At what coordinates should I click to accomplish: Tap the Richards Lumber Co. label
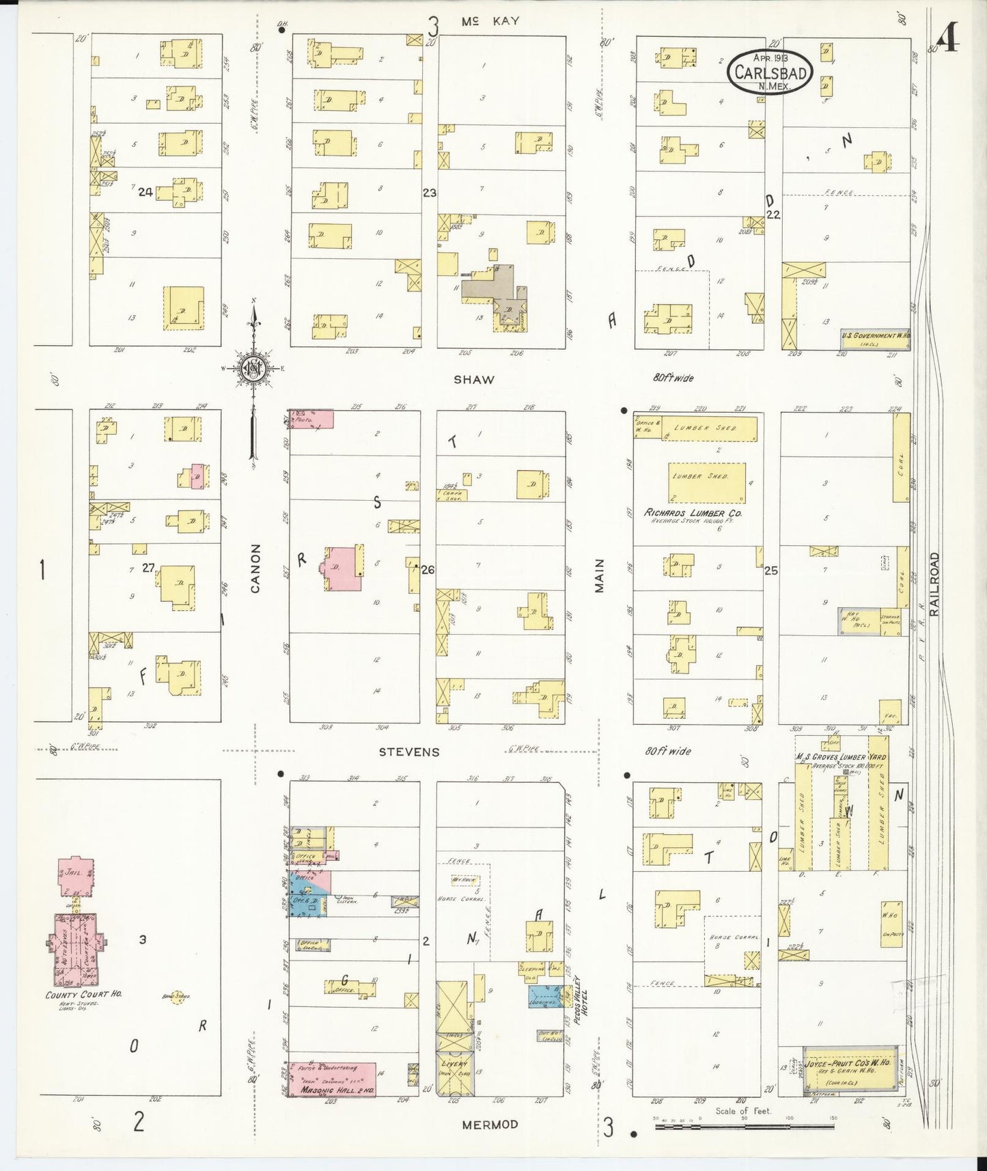coord(693,512)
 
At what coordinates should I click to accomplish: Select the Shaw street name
coord(473,379)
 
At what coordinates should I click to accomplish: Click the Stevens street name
coord(409,752)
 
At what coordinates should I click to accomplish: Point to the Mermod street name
coord(489,1125)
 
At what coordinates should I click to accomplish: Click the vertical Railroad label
coord(934,584)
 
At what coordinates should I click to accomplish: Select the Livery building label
coord(454,1064)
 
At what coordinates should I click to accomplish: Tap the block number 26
coord(428,570)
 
